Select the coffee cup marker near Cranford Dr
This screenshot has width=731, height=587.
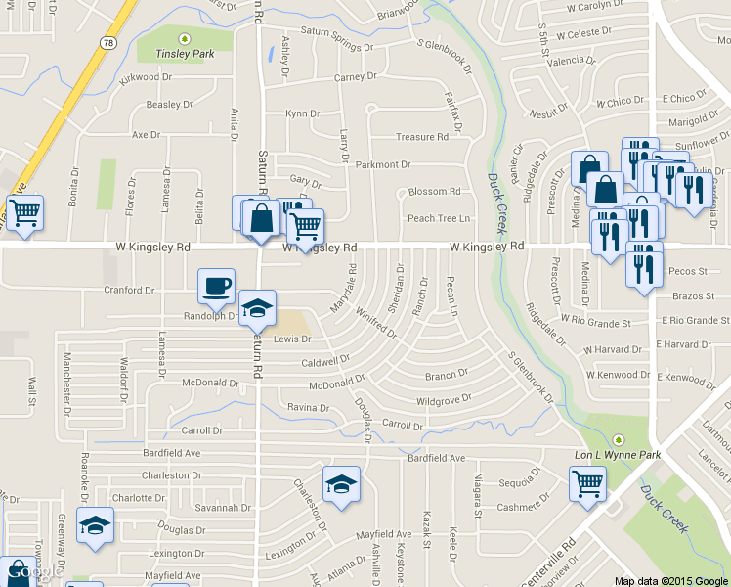pyautogui.click(x=217, y=286)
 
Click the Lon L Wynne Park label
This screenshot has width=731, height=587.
pyautogui.click(x=617, y=455)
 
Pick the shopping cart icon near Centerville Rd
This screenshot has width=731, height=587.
pyautogui.click(x=587, y=482)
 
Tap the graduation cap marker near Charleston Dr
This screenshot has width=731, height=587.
pyautogui.click(x=341, y=484)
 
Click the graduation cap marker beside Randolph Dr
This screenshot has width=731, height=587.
pyautogui.click(x=257, y=308)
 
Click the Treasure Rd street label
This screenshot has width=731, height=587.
pyautogui.click(x=421, y=137)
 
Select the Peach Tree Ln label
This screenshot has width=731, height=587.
pyautogui.click(x=439, y=218)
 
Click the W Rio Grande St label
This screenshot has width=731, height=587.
pyautogui.click(x=602, y=321)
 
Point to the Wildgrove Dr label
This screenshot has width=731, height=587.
pyautogui.click(x=444, y=399)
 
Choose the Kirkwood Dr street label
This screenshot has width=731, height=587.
pyautogui.click(x=146, y=77)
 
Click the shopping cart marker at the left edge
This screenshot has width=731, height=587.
pyautogui.click(x=24, y=211)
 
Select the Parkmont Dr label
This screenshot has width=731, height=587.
pyautogui.click(x=383, y=164)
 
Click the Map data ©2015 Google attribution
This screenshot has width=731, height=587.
pyautogui.click(x=671, y=581)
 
